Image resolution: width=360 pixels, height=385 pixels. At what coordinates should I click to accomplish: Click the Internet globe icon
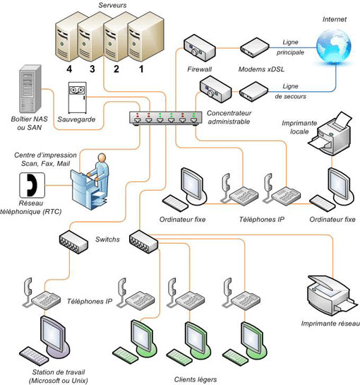(x=334, y=47)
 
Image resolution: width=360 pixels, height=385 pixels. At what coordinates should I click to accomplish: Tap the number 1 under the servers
(x=141, y=69)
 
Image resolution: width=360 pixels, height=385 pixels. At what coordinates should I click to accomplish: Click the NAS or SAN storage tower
(x=30, y=90)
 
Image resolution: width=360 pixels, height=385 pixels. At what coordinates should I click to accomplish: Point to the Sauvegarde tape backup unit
(x=78, y=97)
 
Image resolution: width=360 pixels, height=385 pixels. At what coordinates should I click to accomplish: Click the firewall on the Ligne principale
(x=200, y=48)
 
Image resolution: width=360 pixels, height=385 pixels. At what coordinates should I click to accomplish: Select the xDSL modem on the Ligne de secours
(x=253, y=92)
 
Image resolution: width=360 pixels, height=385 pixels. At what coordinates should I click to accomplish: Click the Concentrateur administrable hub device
(x=166, y=119)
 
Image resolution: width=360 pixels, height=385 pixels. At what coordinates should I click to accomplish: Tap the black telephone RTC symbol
(x=32, y=185)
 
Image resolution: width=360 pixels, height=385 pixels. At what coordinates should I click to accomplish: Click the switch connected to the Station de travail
(x=73, y=242)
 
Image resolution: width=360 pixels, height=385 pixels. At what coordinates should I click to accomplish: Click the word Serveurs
(x=112, y=5)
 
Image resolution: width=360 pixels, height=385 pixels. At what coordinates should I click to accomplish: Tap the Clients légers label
(x=196, y=379)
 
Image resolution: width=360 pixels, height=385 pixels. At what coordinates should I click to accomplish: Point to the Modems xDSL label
(x=261, y=69)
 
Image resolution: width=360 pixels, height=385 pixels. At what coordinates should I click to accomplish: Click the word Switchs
(x=107, y=239)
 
